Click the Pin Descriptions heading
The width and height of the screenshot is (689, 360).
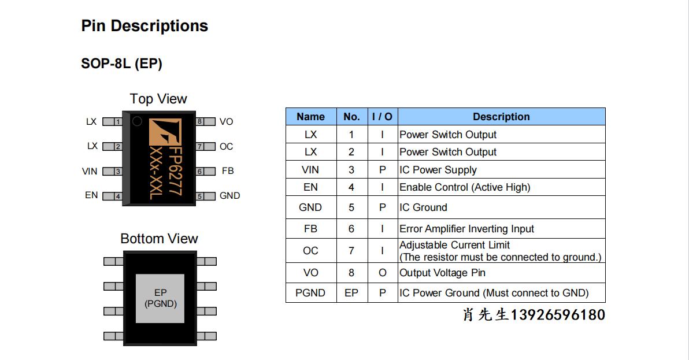click(145, 26)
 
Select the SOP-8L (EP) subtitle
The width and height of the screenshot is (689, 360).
click(121, 64)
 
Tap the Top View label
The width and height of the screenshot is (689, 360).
click(158, 99)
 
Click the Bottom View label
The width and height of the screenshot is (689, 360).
click(159, 239)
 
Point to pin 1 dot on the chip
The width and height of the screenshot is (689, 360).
click(138, 121)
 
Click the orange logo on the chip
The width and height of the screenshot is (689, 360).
click(165, 132)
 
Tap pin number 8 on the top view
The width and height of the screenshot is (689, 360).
click(199, 121)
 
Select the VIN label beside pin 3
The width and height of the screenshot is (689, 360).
click(90, 171)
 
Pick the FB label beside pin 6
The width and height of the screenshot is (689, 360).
click(228, 171)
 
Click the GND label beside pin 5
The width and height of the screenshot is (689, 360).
click(229, 196)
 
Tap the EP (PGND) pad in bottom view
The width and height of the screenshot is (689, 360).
click(160, 298)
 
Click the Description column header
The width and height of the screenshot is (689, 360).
click(501, 117)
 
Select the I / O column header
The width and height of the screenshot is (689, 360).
click(382, 117)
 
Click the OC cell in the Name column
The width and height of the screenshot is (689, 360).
click(310, 251)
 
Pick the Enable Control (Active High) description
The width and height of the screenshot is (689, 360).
click(465, 187)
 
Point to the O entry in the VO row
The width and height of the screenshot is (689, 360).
click(382, 273)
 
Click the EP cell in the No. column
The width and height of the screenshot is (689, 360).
click(351, 293)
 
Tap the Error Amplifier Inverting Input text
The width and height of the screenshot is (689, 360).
click(466, 229)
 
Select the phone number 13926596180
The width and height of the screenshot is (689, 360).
click(558, 315)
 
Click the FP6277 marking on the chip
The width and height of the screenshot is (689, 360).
click(175, 171)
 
